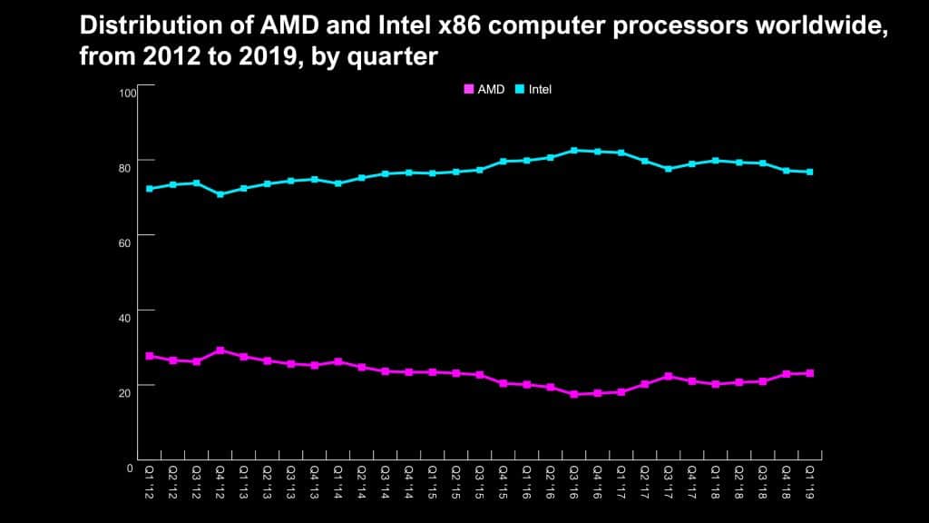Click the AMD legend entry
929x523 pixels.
pos(484,90)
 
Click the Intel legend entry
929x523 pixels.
pos(534,90)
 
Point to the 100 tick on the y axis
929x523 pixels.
pos(127,94)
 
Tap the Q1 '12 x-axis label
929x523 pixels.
pos(149,479)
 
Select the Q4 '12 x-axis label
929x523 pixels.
pos(220,479)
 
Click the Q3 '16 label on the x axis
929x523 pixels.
pos(573,479)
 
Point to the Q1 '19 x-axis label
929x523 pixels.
pos(809,479)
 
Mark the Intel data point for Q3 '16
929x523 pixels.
pos(573,151)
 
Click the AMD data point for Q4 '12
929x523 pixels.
pos(220,350)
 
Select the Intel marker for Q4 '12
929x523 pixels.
pos(220,194)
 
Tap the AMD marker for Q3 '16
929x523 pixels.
pos(573,394)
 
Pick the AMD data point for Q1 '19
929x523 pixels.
pos(809,373)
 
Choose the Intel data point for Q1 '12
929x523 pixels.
pos(149,189)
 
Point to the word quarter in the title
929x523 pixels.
pos(400,57)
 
